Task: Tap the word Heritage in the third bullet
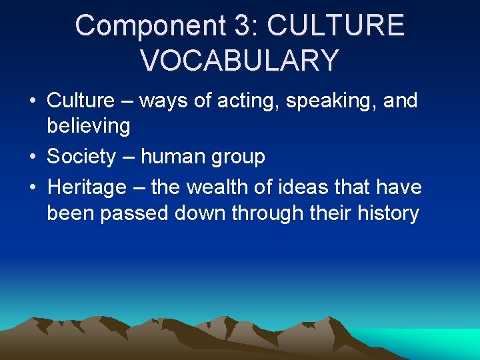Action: coord(87,187)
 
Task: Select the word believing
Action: coord(88,125)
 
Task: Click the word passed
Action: coord(133,213)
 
